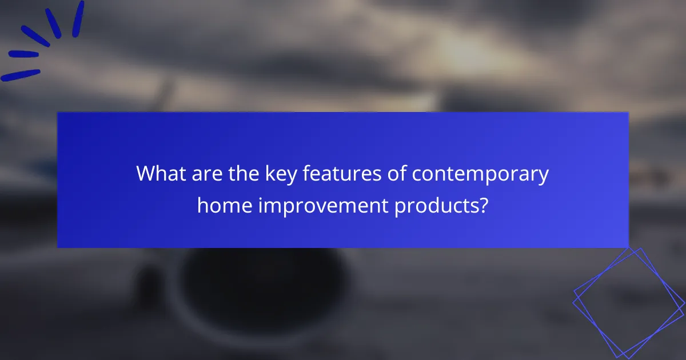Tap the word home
[x=225, y=204]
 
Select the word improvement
[x=323, y=205]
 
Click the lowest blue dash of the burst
[x=20, y=75]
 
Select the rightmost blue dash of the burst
[x=78, y=19]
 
